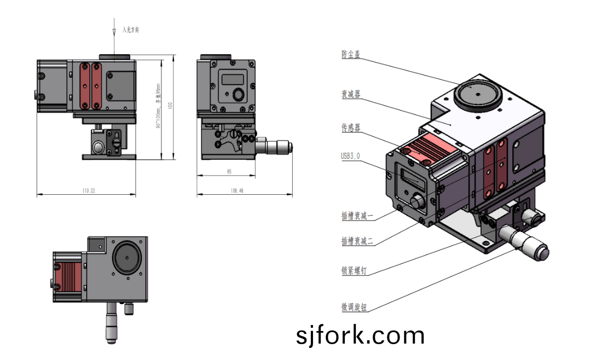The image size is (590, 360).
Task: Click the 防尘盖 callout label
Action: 351,54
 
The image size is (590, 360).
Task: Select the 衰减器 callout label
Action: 351,94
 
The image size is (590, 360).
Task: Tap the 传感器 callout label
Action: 351,127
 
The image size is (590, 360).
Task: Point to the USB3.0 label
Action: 350,156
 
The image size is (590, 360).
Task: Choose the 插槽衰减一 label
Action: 357,216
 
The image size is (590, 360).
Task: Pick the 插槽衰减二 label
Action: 357,241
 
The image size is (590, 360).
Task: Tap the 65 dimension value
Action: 229,172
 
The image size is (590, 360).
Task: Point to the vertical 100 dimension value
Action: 170,106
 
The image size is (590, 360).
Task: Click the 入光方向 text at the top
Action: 130,30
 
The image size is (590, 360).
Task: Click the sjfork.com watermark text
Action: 360,335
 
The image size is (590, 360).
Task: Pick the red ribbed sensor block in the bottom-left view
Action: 69,276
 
